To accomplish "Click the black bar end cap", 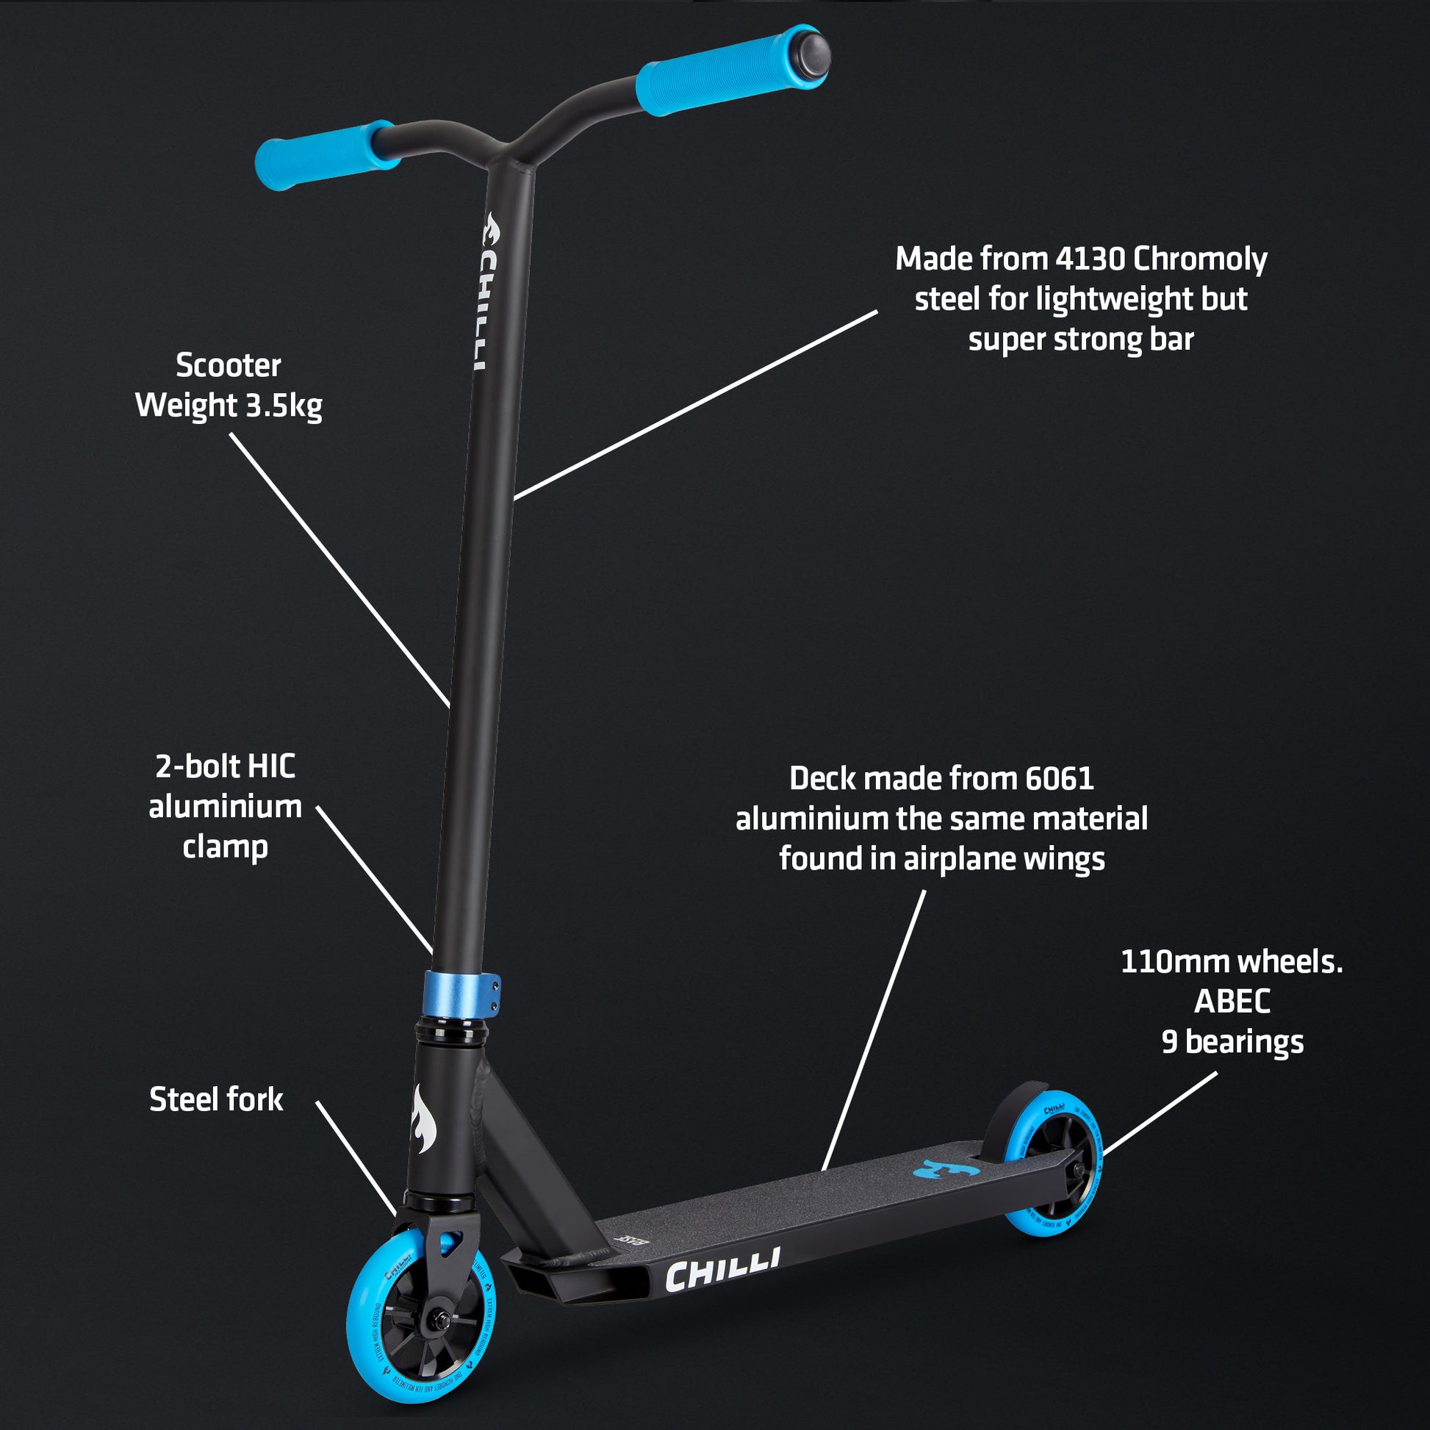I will pyautogui.click(x=811, y=54).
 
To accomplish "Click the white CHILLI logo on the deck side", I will pyautogui.click(x=722, y=1271).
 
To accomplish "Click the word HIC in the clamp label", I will pyautogui.click(x=271, y=767).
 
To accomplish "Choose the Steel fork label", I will pyautogui.click(x=216, y=1099).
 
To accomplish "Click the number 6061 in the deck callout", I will pyautogui.click(x=1059, y=779).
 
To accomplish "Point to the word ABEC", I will pyautogui.click(x=1232, y=1002).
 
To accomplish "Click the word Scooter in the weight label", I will pyautogui.click(x=228, y=366).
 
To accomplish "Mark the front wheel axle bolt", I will pyautogui.click(x=436, y=1320).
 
